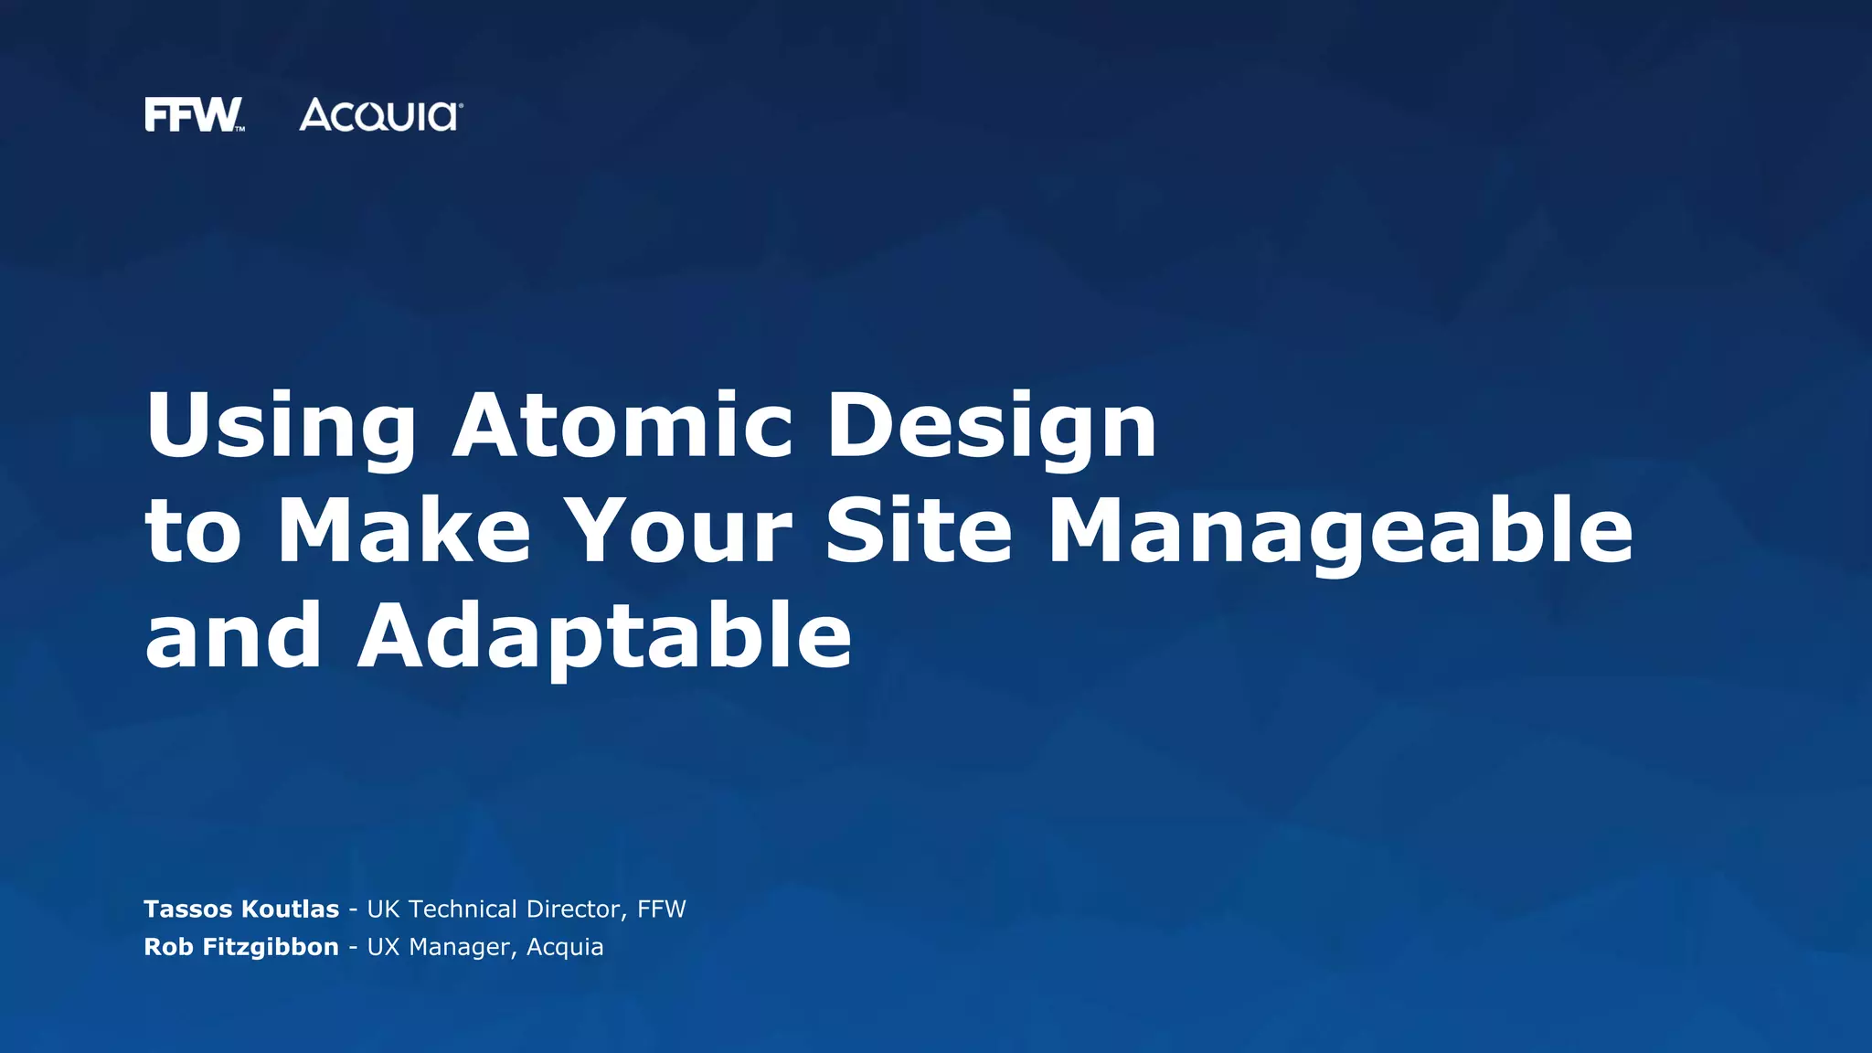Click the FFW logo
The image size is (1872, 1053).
tap(194, 115)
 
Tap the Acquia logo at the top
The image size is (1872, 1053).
tap(380, 115)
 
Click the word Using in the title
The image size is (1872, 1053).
tap(281, 426)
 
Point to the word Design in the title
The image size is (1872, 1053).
tap(992, 426)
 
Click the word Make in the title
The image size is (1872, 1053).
tap(404, 530)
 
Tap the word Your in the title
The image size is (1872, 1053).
tap(678, 530)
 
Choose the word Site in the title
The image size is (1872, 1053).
tap(919, 530)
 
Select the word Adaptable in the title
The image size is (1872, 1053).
tap(604, 636)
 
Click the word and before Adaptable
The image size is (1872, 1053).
tap(234, 636)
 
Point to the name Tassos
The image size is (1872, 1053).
tap(188, 909)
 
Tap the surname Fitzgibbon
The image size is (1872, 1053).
tap(271, 948)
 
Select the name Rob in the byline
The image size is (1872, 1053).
tap(168, 947)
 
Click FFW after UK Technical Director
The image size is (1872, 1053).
tap(662, 909)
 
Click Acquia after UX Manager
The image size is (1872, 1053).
tap(565, 948)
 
